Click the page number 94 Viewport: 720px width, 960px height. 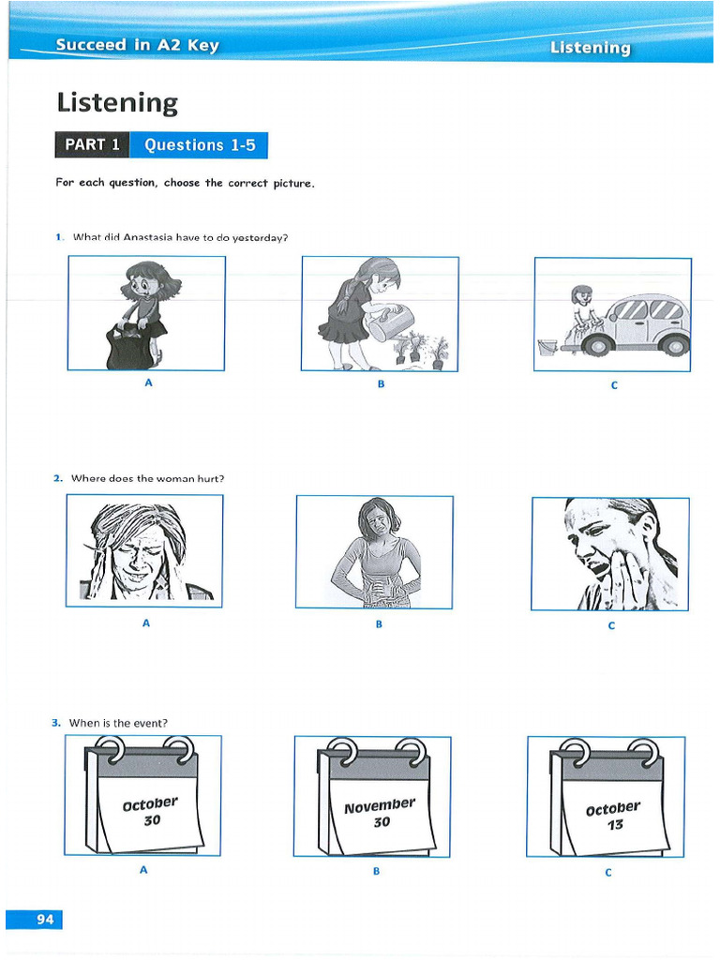click(45, 919)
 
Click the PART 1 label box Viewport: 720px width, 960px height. click(92, 145)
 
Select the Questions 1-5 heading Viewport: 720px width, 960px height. click(199, 145)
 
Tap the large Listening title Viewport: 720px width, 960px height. click(116, 102)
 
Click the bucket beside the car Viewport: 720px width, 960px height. click(547, 349)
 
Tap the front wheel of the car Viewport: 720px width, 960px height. click(596, 346)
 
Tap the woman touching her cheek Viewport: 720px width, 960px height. click(610, 553)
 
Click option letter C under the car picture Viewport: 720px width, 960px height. click(613, 384)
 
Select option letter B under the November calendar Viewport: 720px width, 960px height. click(376, 871)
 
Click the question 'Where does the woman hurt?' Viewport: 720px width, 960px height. click(147, 478)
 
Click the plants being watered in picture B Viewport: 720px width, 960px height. click(420, 350)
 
